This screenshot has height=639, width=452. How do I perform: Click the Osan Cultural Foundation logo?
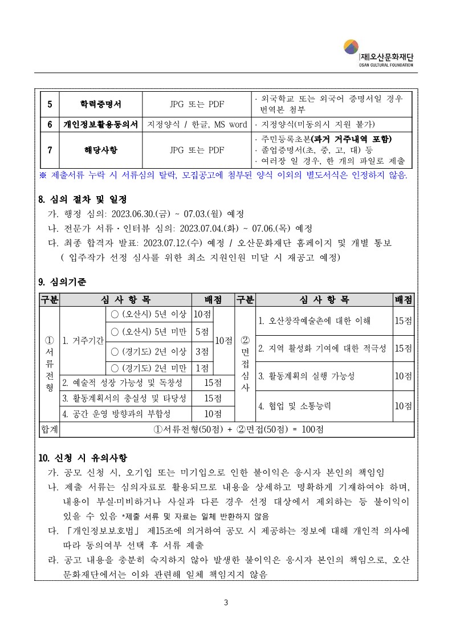(378, 52)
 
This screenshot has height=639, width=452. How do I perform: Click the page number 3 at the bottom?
(226, 603)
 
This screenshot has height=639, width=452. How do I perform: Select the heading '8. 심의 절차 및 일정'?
(82, 200)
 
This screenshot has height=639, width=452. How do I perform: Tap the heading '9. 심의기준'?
(63, 282)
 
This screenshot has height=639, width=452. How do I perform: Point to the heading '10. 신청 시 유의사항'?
(83, 458)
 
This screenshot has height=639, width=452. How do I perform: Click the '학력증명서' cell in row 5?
(100, 104)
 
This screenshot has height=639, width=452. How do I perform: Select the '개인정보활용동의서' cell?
(100, 124)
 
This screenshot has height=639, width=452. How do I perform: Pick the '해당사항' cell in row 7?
(100, 150)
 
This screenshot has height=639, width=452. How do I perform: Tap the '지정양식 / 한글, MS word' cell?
(197, 124)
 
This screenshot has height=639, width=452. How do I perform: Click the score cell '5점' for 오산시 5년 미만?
(201, 332)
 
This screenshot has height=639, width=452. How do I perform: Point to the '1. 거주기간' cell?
(83, 341)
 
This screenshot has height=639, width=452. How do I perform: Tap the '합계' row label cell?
(49, 429)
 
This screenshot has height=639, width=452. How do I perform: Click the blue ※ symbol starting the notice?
(43, 174)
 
